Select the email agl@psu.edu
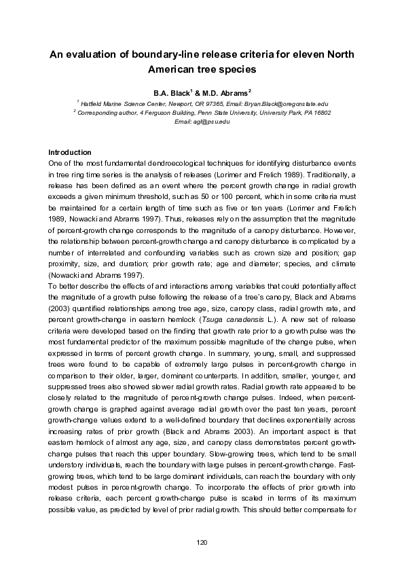(202, 121)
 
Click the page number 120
(202, 541)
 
